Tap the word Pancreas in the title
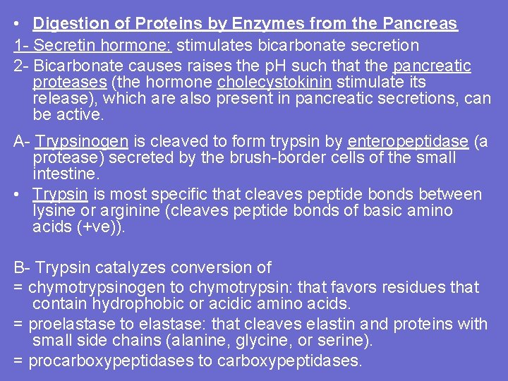pos(421,23)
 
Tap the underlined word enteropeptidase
pos(407,142)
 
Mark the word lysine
pos(53,211)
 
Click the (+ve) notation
pos(100,227)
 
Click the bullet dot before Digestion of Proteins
pos(18,24)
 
